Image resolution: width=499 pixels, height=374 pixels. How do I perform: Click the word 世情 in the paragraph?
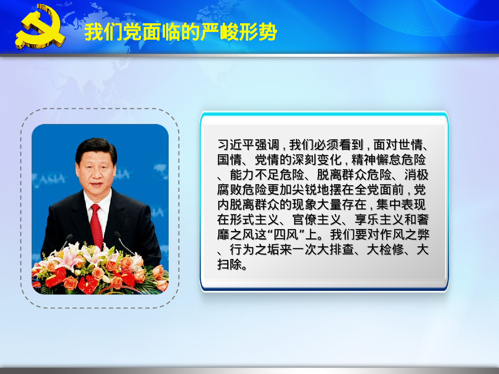tap(411, 145)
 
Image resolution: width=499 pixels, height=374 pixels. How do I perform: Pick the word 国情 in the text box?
tap(230, 160)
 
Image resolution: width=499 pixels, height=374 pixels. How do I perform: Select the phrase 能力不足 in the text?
tap(254, 175)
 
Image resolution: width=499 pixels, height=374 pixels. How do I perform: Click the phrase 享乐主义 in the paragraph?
tap(379, 220)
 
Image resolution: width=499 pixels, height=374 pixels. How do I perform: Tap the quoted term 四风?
tap(285, 235)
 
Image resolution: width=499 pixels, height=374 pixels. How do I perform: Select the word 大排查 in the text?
tap(329, 250)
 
